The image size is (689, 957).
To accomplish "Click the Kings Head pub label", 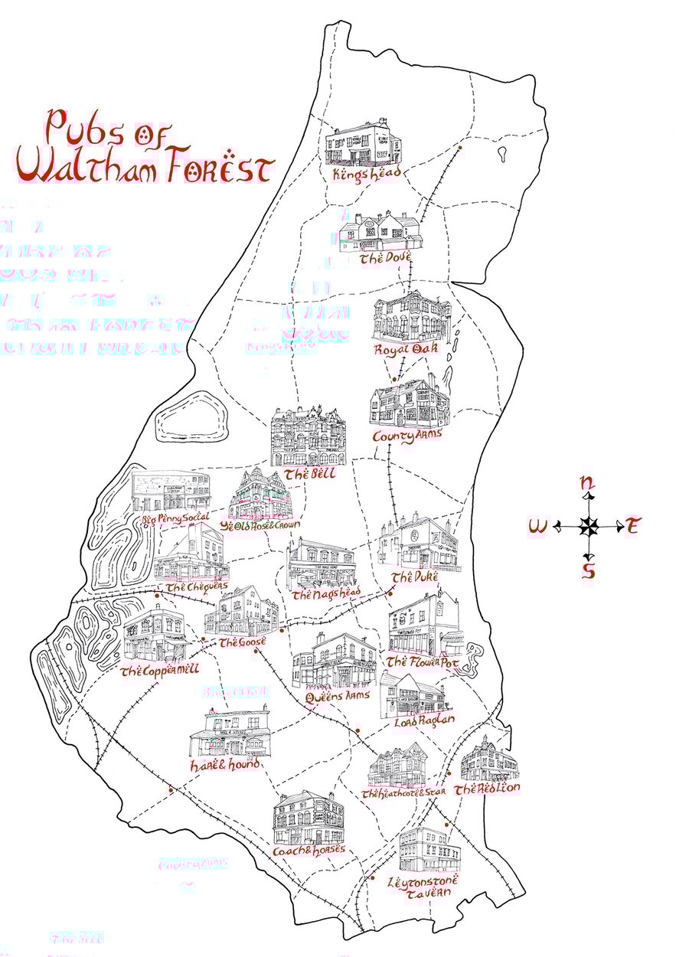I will click(x=361, y=175).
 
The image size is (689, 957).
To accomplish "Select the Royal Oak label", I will click(x=406, y=350).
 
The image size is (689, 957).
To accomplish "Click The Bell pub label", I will click(x=309, y=475).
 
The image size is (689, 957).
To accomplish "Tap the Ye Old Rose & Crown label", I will click(x=260, y=526).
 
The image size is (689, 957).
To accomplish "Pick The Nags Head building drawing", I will click(x=322, y=564).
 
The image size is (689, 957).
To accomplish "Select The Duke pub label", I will click(x=412, y=577).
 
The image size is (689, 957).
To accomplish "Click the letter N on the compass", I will click(x=587, y=483).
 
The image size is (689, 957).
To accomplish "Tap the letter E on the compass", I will click(x=632, y=526).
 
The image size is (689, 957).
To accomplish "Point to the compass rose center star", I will click(x=588, y=526).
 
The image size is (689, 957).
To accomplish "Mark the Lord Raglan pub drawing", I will click(x=413, y=695).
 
